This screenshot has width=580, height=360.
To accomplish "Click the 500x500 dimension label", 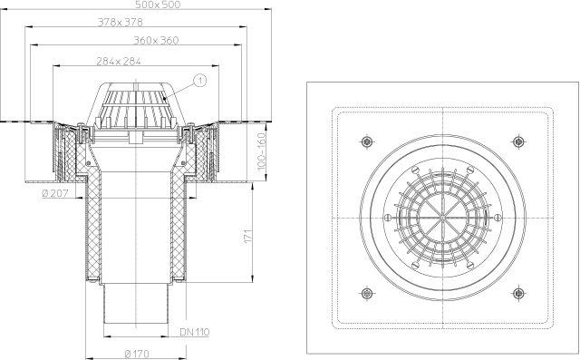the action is [x=158, y=5].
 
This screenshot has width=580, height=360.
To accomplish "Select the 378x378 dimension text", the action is [x=121, y=22].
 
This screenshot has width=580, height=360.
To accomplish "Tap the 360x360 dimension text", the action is [x=156, y=40].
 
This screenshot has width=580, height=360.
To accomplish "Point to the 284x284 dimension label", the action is [x=119, y=61].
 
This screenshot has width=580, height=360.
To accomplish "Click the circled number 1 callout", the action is [x=199, y=81].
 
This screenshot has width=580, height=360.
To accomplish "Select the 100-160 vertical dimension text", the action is [x=262, y=151].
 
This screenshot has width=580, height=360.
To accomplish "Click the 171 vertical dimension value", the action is [x=248, y=237].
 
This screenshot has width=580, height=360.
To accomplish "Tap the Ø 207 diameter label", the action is [x=55, y=193].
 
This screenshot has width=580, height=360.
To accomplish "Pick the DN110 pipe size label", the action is [x=195, y=332].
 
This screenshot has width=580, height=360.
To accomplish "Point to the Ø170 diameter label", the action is [x=137, y=354].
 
